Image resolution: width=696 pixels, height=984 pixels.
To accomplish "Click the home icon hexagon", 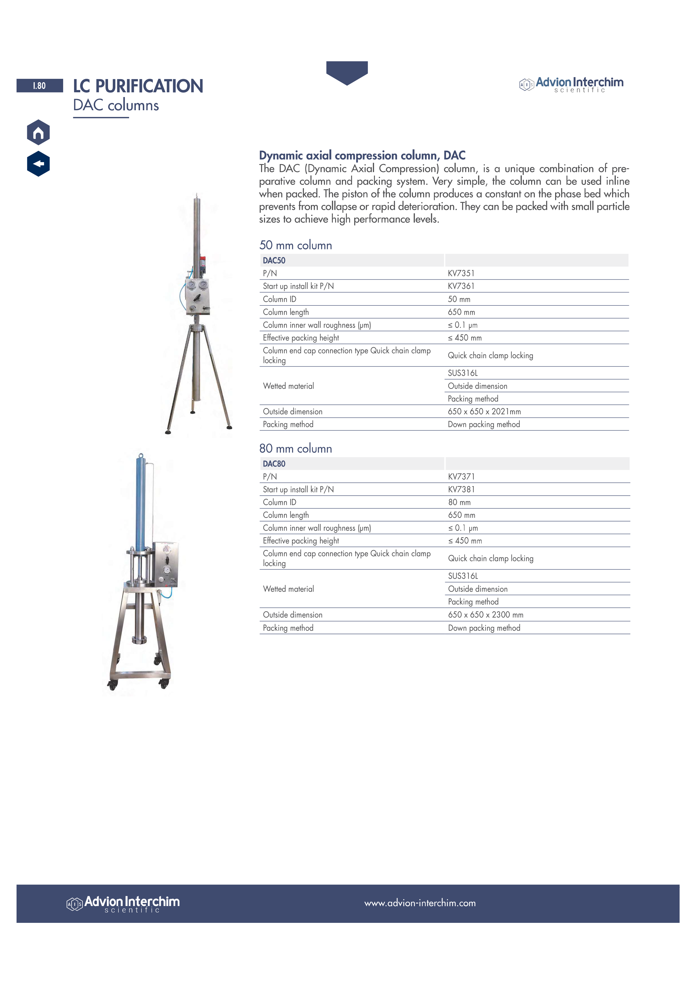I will click(x=38, y=132).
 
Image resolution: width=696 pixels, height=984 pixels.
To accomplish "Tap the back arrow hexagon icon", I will click(x=38, y=164).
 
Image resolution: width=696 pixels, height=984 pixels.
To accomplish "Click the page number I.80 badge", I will click(x=40, y=86).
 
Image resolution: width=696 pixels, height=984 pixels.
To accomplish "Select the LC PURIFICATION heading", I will click(x=138, y=86).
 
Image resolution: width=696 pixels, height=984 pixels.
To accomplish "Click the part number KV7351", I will click(x=461, y=273).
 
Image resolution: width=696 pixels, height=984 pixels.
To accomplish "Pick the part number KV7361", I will click(x=461, y=286).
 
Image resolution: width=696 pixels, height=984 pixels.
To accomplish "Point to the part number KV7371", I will click(x=461, y=477).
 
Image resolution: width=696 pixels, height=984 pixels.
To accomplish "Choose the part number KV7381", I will click(x=461, y=489).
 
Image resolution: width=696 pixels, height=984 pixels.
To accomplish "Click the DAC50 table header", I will click(x=274, y=261).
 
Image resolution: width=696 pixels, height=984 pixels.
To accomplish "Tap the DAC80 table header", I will click(x=274, y=464).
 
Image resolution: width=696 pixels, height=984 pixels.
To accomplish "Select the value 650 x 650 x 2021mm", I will click(x=484, y=412).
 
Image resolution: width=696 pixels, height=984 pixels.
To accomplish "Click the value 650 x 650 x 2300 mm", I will click(x=486, y=615).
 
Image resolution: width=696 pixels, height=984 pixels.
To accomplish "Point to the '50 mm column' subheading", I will click(x=296, y=245).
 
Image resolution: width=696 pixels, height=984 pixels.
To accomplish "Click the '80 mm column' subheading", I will click(x=296, y=449).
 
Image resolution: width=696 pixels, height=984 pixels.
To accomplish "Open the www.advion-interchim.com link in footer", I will click(x=420, y=903).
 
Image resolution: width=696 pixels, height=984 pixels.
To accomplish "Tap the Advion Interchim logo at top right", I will click(x=572, y=84).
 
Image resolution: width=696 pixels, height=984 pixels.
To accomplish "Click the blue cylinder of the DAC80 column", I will click(x=141, y=502).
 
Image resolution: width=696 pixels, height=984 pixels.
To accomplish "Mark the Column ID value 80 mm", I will click(x=459, y=502).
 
